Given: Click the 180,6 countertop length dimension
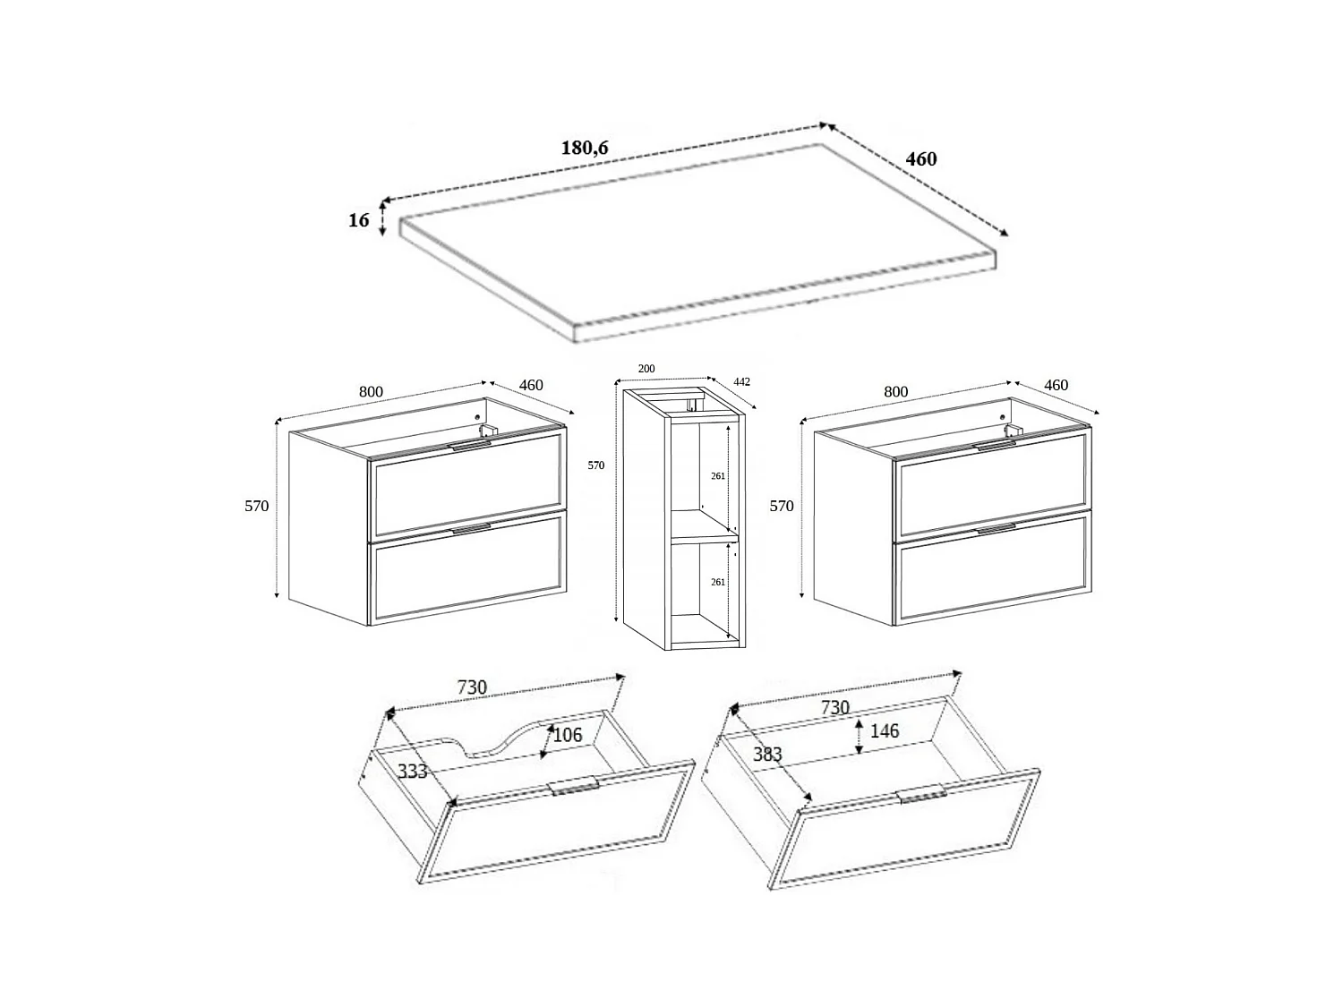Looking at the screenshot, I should (585, 148).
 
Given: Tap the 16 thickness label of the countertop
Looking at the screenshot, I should (358, 219).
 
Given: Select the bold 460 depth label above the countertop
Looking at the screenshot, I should (920, 159).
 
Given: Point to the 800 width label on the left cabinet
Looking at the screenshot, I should (371, 391).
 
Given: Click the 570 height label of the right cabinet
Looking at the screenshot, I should (782, 506).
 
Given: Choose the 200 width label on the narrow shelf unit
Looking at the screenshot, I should (646, 369).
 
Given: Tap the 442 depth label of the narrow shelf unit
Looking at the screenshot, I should (741, 381).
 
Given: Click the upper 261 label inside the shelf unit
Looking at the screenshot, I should (717, 476).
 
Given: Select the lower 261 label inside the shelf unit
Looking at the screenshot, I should (717, 582).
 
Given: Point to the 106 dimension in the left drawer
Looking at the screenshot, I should (568, 735).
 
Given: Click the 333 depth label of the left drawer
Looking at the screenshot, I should (412, 771).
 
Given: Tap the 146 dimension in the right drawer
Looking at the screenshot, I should (885, 731).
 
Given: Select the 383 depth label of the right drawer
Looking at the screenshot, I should (767, 754).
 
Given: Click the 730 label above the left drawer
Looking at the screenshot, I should (472, 687).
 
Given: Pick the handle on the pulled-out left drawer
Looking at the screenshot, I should (573, 786).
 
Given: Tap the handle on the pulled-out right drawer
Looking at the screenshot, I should (921, 795).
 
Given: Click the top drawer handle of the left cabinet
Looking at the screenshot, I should (470, 444).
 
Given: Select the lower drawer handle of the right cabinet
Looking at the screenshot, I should (996, 529).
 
